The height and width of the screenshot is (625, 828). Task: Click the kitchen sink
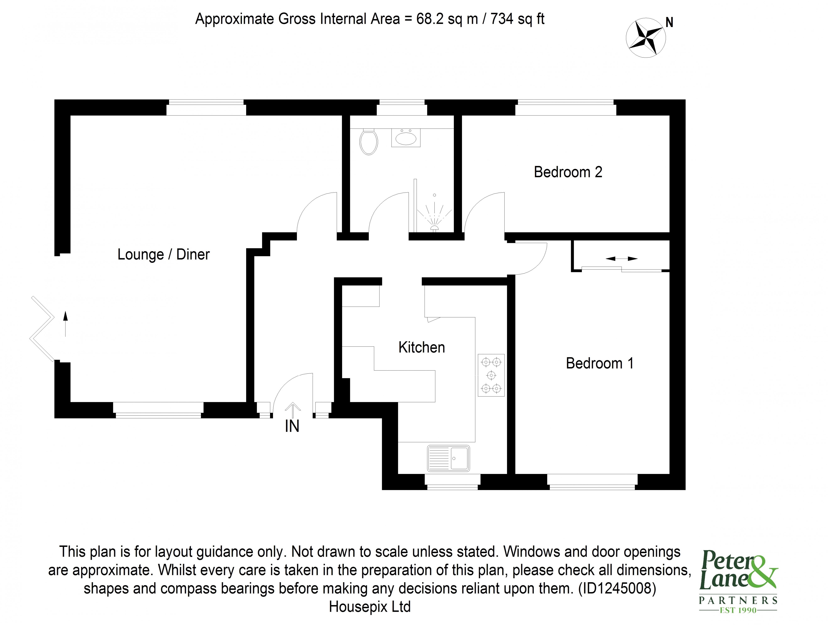pos(448,458)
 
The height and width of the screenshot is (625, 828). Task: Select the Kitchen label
pos(421,347)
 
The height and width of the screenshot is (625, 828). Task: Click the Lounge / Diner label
pos(163,254)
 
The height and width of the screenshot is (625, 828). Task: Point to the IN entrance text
pos(292,426)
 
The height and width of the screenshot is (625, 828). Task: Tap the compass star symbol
pos(645,37)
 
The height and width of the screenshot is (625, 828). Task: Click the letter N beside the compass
pos(669,23)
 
